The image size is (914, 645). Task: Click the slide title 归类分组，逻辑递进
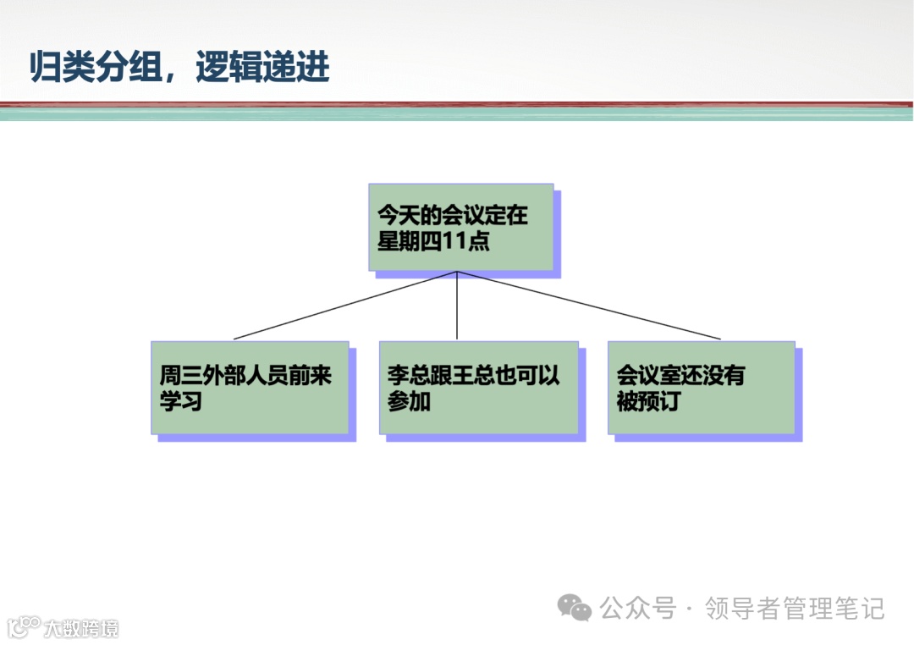click(179, 68)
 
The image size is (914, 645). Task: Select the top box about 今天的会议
click(461, 227)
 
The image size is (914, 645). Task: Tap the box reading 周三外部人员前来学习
click(250, 388)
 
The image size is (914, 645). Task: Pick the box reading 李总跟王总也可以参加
click(478, 388)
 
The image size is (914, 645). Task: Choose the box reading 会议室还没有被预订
click(701, 388)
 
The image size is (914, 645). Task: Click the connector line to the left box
click(344, 306)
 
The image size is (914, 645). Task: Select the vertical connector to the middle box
click(457, 306)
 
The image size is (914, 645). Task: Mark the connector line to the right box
click(588, 306)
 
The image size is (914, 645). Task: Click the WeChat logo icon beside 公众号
click(575, 607)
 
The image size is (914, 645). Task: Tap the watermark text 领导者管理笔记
click(795, 608)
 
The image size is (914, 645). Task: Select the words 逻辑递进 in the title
click(262, 68)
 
